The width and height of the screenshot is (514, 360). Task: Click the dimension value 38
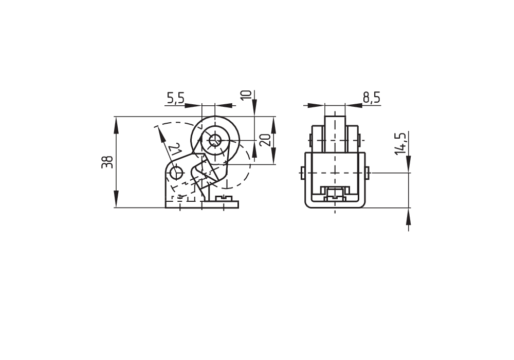[x=107, y=162]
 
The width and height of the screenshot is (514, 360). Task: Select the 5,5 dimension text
[x=176, y=98]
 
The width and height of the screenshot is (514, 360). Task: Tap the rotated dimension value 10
[x=246, y=94]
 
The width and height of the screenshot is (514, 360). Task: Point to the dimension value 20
[x=266, y=140]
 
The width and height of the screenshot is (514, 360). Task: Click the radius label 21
[x=176, y=149]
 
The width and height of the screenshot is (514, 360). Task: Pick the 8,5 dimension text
[x=372, y=98]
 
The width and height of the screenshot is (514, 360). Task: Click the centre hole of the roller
[x=215, y=141]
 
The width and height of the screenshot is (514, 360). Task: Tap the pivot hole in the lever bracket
[x=176, y=173]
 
